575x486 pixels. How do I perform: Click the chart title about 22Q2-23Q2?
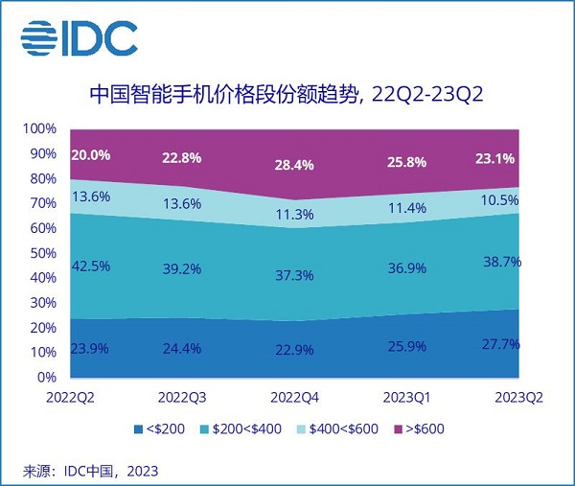click(x=287, y=94)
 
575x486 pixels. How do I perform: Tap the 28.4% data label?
click(x=294, y=165)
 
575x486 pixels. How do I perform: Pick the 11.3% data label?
click(x=294, y=216)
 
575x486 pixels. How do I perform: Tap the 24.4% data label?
click(x=182, y=349)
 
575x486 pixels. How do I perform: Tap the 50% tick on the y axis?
click(x=43, y=253)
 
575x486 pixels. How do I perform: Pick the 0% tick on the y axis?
click(x=48, y=377)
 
